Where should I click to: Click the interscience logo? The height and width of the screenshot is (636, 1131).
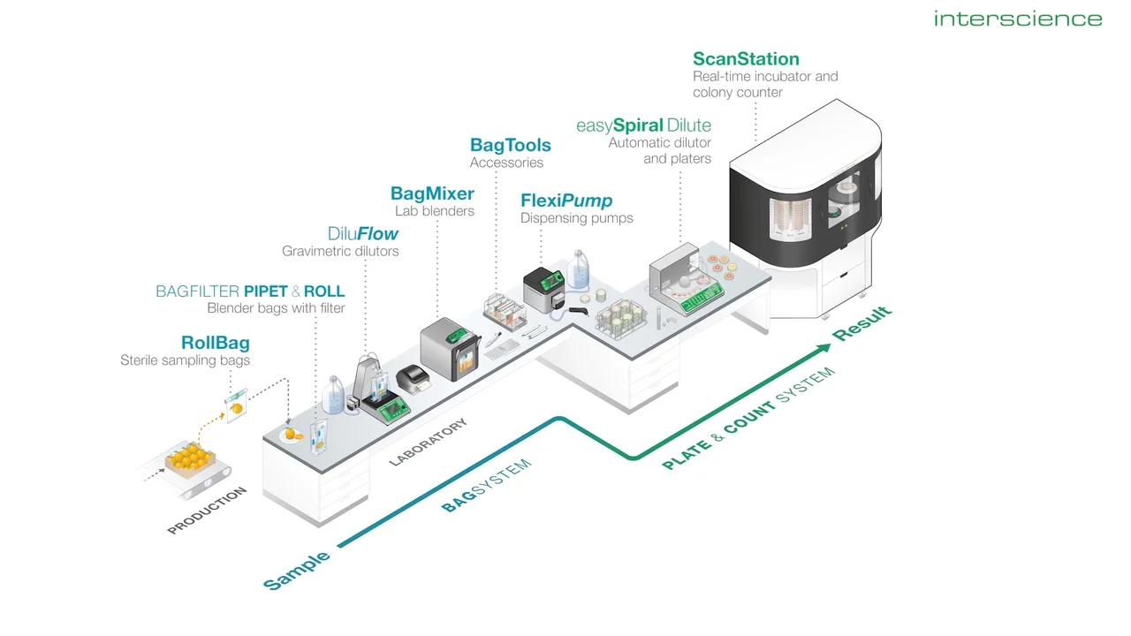pos(1018,19)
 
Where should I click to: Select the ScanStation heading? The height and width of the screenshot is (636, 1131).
pos(746,59)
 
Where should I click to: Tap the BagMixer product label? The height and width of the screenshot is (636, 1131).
pos(432,193)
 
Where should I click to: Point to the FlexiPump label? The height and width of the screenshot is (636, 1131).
pos(566,201)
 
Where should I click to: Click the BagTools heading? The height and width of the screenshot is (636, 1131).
pos(511,145)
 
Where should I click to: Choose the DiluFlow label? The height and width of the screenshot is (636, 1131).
pos(362,234)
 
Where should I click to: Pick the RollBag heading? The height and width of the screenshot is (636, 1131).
pos(216,343)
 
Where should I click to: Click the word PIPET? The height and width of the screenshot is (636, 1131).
pos(266,291)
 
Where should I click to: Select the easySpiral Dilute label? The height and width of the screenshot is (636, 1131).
pos(643,125)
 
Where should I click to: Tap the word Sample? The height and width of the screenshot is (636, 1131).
pos(297,571)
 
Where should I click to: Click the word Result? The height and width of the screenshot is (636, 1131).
pos(862,323)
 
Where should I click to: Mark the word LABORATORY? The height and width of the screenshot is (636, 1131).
pos(429,443)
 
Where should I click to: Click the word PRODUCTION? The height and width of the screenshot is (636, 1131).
pos(207,511)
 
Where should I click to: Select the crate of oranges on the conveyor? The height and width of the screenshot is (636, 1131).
pos(190,459)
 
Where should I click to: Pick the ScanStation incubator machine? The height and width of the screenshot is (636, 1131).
pos(806,207)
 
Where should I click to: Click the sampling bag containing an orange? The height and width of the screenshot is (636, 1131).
pos(236,405)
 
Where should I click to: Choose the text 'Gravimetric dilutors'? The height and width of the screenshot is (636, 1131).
pos(340,251)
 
